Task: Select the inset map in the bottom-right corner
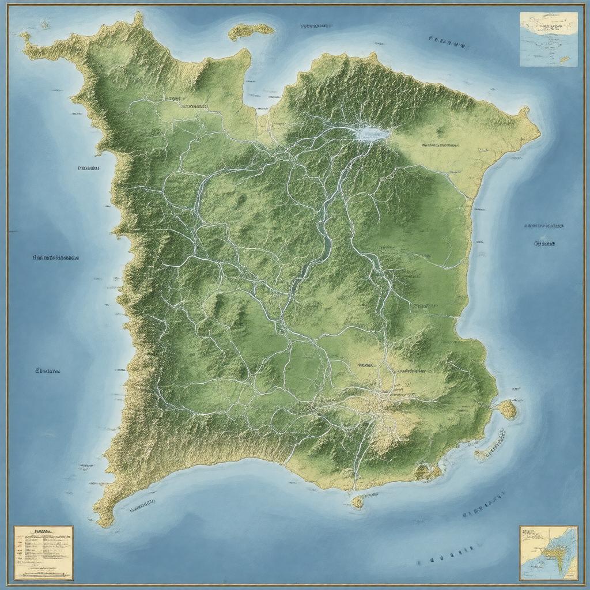tap(548, 553)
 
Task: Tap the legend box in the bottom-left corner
tap(44, 553)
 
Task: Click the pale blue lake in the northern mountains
tap(372, 134)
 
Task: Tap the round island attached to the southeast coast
tap(506, 409)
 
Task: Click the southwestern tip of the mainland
tap(104, 522)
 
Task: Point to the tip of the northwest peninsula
tap(24, 36)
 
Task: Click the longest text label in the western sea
tap(55, 258)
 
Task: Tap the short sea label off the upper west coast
tap(88, 169)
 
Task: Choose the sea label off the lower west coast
tap(48, 371)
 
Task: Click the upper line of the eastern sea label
tap(544, 226)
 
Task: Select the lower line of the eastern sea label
tap(544, 244)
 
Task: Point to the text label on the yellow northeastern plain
tap(440, 145)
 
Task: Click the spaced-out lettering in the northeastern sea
tap(447, 41)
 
